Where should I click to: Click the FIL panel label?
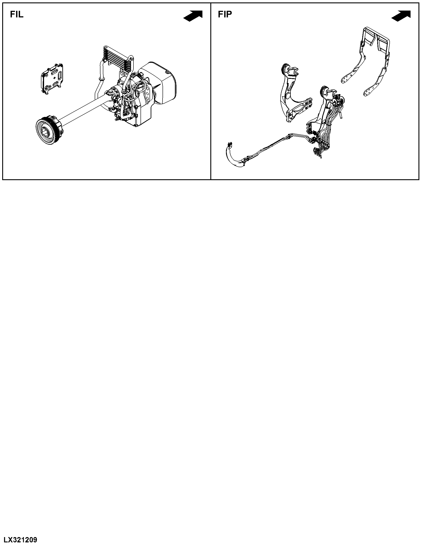pyautogui.click(x=17, y=15)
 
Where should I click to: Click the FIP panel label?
pyautogui.click(x=225, y=15)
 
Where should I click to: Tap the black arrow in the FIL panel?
pyautogui.click(x=193, y=16)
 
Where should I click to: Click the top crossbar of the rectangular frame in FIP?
pyautogui.click(x=376, y=33)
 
